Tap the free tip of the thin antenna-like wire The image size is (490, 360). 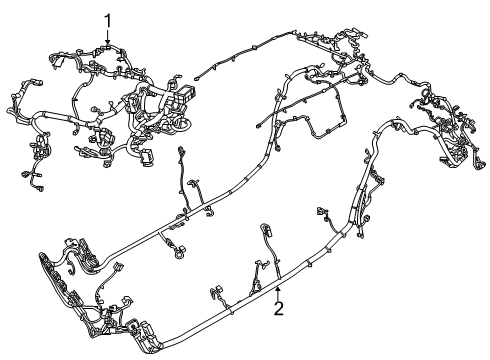coord(198,72)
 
